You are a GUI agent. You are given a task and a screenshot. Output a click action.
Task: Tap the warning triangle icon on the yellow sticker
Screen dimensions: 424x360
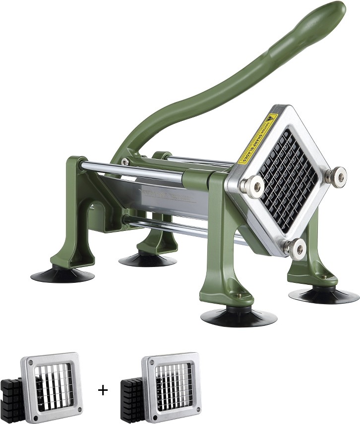pos(271,119)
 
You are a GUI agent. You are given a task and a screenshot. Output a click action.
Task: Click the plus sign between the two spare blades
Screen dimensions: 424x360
pos(103,390)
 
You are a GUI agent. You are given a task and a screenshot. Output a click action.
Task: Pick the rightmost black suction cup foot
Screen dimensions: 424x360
pos(324,295)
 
